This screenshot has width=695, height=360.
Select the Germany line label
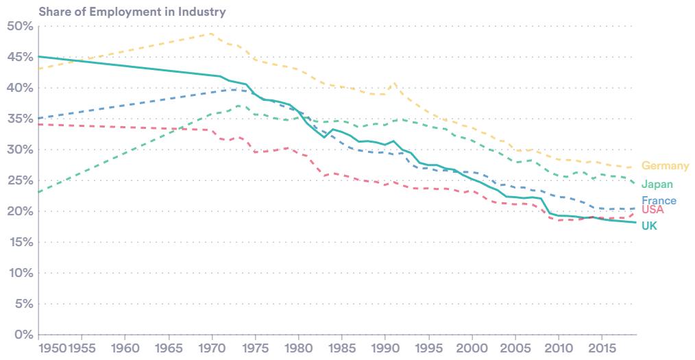click(665, 166)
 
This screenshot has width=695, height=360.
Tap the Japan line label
click(657, 184)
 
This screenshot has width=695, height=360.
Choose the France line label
click(659, 201)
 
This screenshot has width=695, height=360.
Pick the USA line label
click(653, 210)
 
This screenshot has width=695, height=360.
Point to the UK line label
click(649, 226)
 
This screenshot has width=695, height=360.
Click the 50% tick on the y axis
click(19, 26)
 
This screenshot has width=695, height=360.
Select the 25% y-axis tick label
click(19, 180)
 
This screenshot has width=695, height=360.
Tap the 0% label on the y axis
click(23, 335)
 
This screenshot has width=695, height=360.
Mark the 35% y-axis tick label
click(19, 119)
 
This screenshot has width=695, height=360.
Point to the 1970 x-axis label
click(212, 348)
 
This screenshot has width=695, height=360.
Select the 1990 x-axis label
click(385, 348)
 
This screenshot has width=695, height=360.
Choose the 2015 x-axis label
click(601, 348)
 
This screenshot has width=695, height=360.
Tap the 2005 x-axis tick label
click(515, 348)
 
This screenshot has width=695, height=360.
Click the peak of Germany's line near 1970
click(212, 34)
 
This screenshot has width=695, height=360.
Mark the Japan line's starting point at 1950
click(39, 192)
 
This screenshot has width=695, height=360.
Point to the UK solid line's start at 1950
click(39, 56)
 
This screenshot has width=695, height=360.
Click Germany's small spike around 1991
click(393, 84)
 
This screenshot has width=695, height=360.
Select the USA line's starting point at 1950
click(39, 125)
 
